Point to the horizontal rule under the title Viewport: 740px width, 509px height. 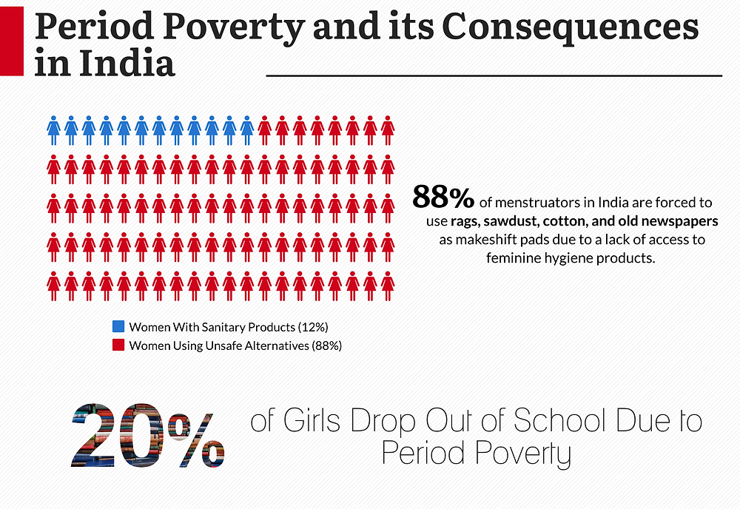(x=494, y=75)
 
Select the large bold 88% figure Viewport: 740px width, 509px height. (x=443, y=198)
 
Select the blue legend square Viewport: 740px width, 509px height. (x=118, y=326)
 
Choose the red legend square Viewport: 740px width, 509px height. (x=118, y=345)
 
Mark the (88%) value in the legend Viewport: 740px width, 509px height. (x=326, y=345)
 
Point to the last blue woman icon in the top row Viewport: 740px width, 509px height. (x=247, y=130)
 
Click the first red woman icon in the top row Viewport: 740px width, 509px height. (x=265, y=130)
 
